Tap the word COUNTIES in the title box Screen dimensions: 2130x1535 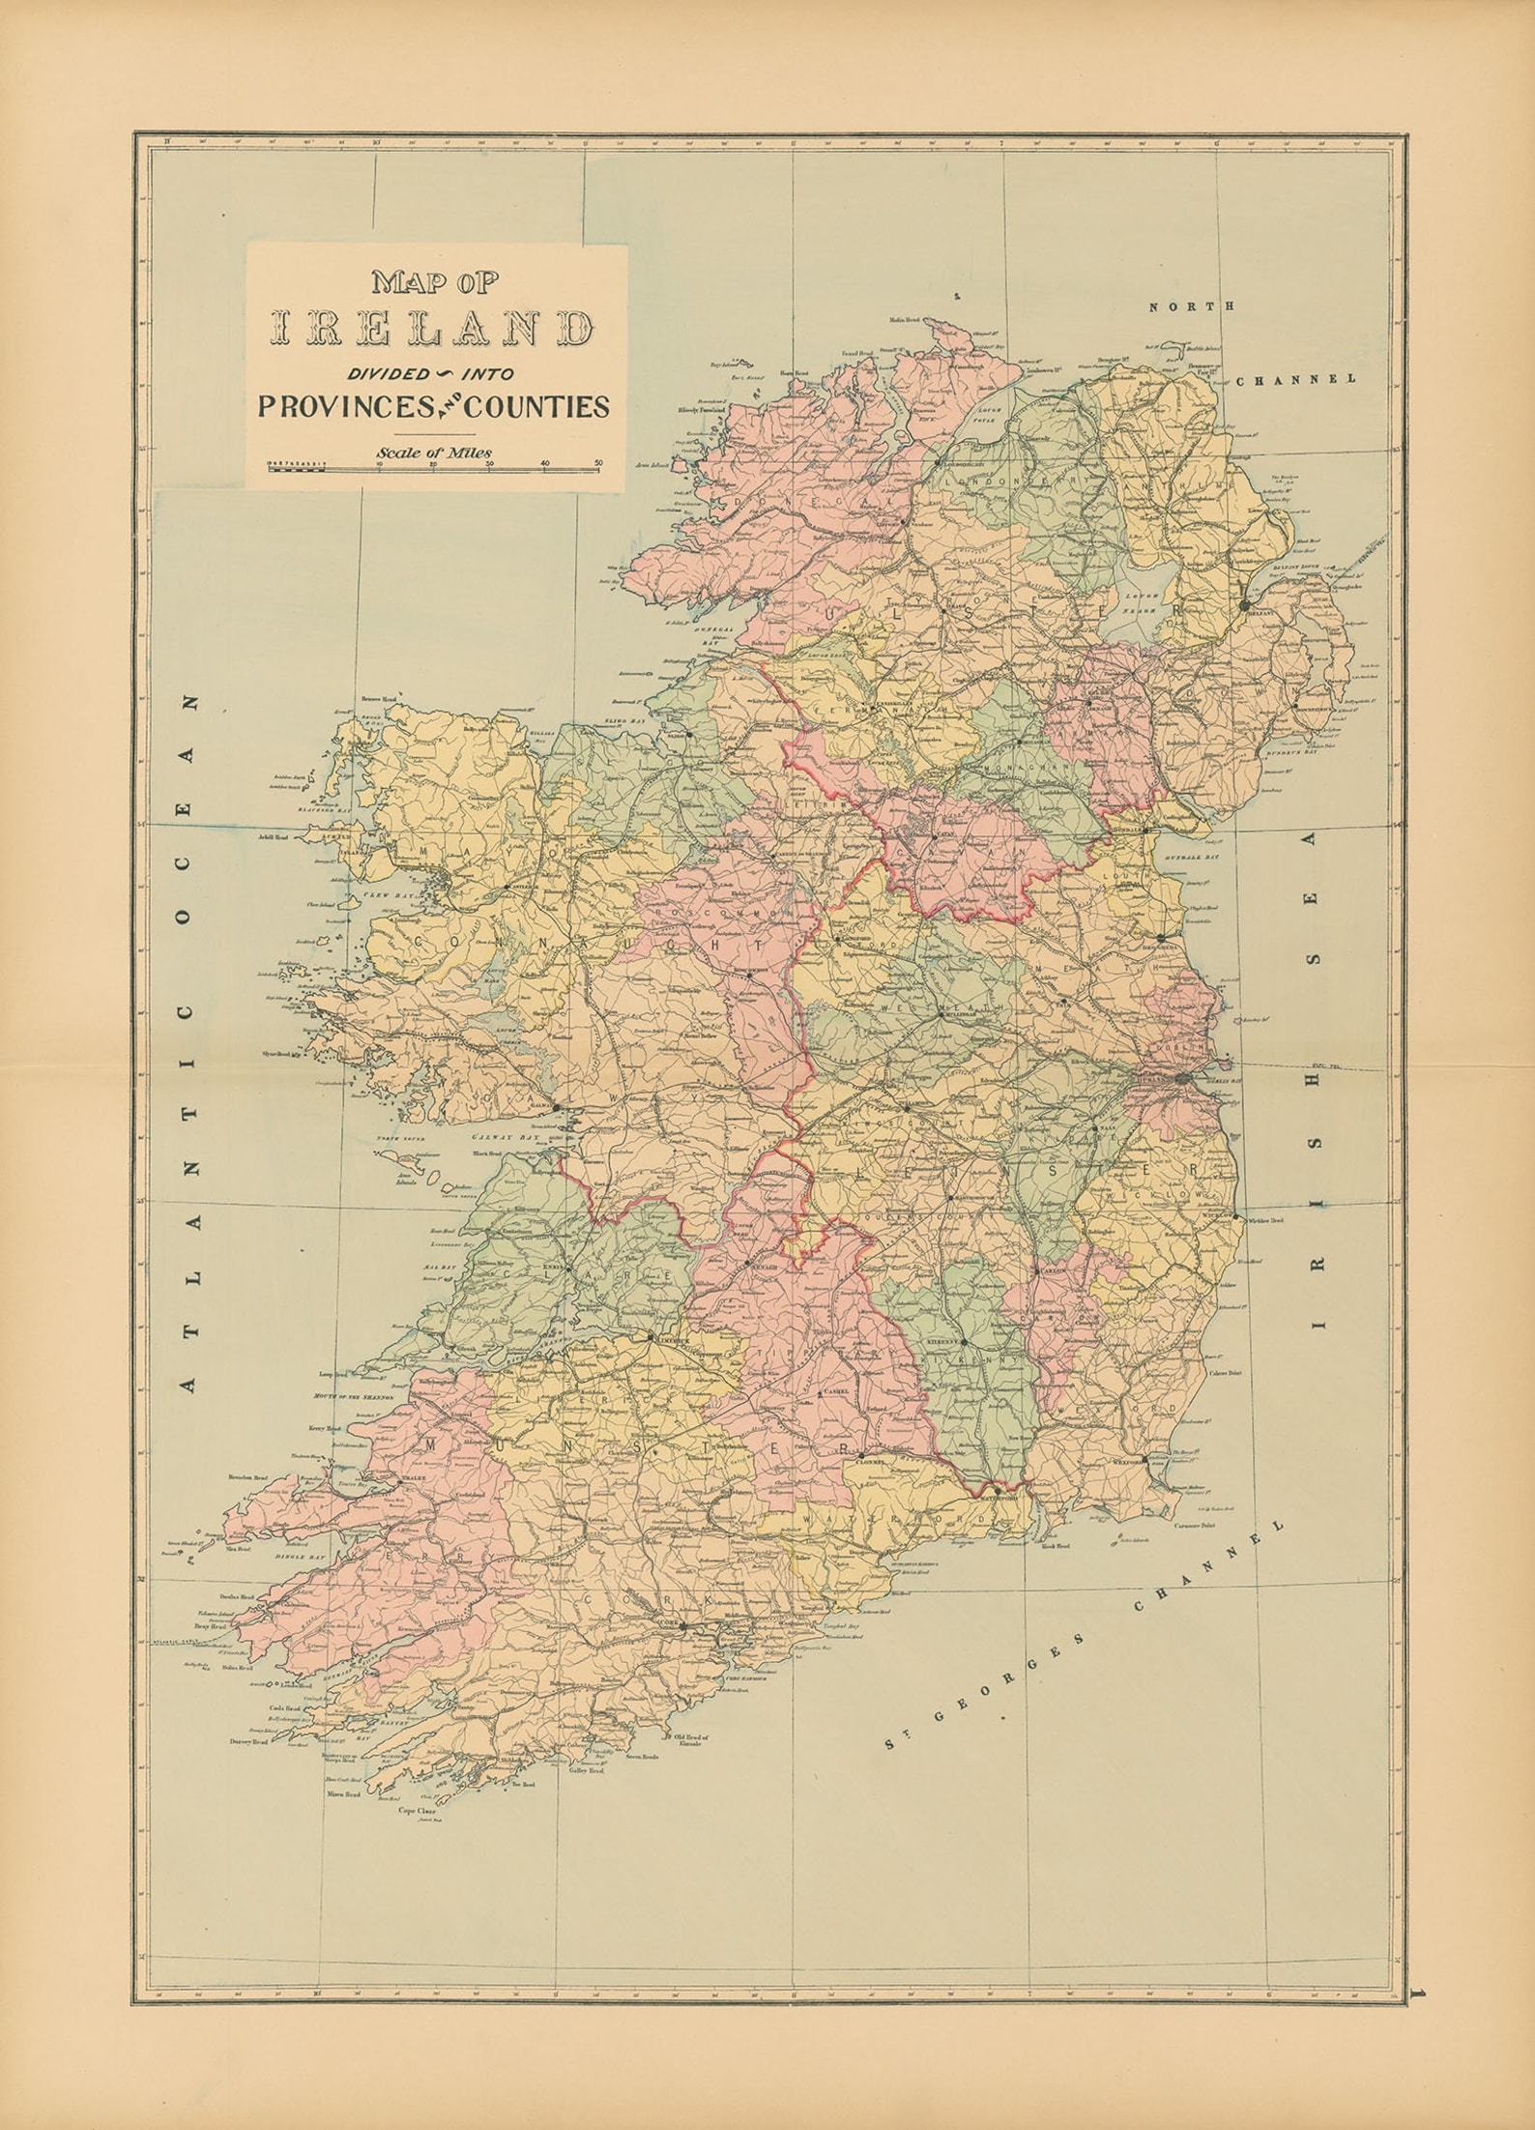click(537, 407)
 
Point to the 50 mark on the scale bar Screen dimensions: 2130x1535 click(598, 462)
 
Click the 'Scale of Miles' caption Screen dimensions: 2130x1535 click(434, 452)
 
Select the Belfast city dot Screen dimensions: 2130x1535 click(1244, 604)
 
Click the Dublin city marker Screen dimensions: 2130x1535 click(1183, 1078)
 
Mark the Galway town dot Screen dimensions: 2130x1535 click(557, 1106)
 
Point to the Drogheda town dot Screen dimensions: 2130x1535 click(1159, 937)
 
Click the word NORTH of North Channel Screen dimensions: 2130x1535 click(1177, 306)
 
